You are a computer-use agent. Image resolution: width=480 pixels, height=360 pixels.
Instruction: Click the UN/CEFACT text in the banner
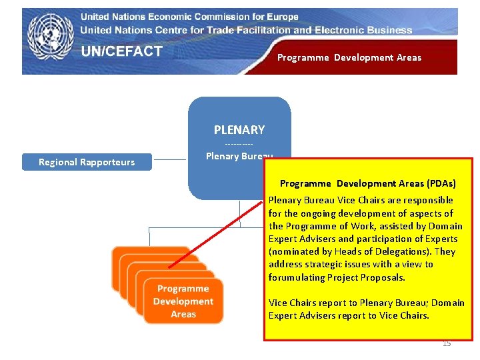point(122,52)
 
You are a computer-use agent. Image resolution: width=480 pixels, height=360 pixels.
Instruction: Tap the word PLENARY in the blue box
point(239,130)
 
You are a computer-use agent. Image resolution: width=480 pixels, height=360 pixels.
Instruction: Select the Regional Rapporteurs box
point(87,162)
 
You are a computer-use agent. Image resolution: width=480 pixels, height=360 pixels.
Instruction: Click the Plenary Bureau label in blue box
point(239,156)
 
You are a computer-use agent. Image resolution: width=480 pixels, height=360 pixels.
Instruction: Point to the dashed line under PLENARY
point(239,144)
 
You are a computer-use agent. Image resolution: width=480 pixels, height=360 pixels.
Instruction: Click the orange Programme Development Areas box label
point(183,301)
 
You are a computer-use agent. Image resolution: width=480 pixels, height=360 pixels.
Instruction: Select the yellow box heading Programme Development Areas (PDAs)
point(368,183)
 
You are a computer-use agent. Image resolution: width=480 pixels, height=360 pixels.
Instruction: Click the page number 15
point(447,343)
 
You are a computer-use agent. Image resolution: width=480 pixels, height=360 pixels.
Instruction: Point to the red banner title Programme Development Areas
point(349,58)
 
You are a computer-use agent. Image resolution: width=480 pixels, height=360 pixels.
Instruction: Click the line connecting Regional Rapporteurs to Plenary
point(170,160)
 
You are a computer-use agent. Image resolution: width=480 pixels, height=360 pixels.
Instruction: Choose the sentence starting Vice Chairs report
point(366,309)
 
